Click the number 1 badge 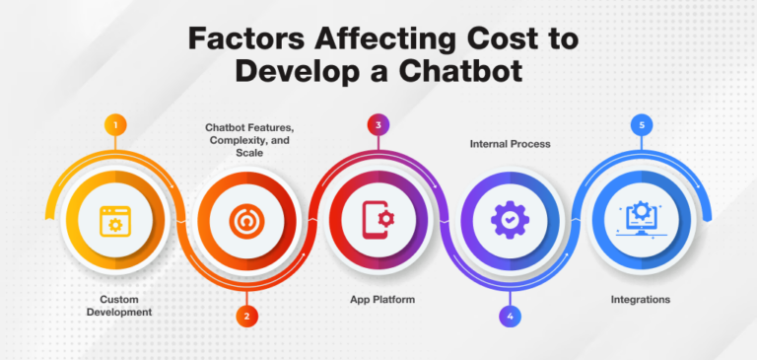[x=116, y=125]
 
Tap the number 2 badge [x=246, y=316]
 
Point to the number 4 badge [x=509, y=316]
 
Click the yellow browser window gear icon [x=115, y=221]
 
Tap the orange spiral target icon [x=245, y=221]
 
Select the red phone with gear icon [x=378, y=221]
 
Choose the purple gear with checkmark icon [x=509, y=221]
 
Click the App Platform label [x=378, y=297]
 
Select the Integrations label [x=640, y=297]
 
